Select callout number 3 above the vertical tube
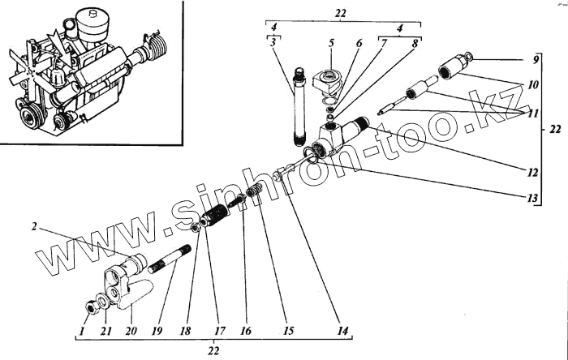pos(276,41)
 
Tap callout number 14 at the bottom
pos(344,331)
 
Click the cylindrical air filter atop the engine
pos(85,24)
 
